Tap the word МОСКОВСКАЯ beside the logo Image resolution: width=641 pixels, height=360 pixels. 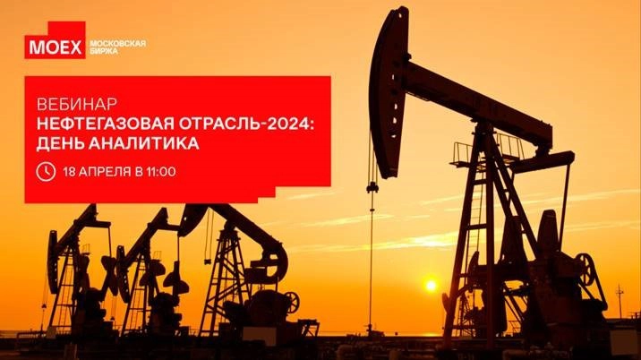(118, 43)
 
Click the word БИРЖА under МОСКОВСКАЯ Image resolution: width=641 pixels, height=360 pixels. (104, 51)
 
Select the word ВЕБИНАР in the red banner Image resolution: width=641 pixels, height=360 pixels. (77, 104)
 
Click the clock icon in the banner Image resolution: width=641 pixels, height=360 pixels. (46, 171)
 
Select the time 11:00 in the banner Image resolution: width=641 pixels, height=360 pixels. (160, 171)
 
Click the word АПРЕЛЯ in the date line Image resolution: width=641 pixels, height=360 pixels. (103, 171)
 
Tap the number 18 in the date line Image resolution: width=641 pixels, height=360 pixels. (69, 171)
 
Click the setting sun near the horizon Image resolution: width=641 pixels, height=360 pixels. (431, 286)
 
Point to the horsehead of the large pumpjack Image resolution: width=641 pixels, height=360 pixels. (388, 94)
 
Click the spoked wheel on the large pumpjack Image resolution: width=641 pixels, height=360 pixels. (586, 270)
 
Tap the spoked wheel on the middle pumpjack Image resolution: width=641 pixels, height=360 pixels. (292, 303)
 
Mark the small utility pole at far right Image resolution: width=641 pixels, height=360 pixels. (620, 302)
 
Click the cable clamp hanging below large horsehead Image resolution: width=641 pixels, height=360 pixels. (372, 187)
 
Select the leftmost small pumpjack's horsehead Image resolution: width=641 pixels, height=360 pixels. (53, 261)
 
